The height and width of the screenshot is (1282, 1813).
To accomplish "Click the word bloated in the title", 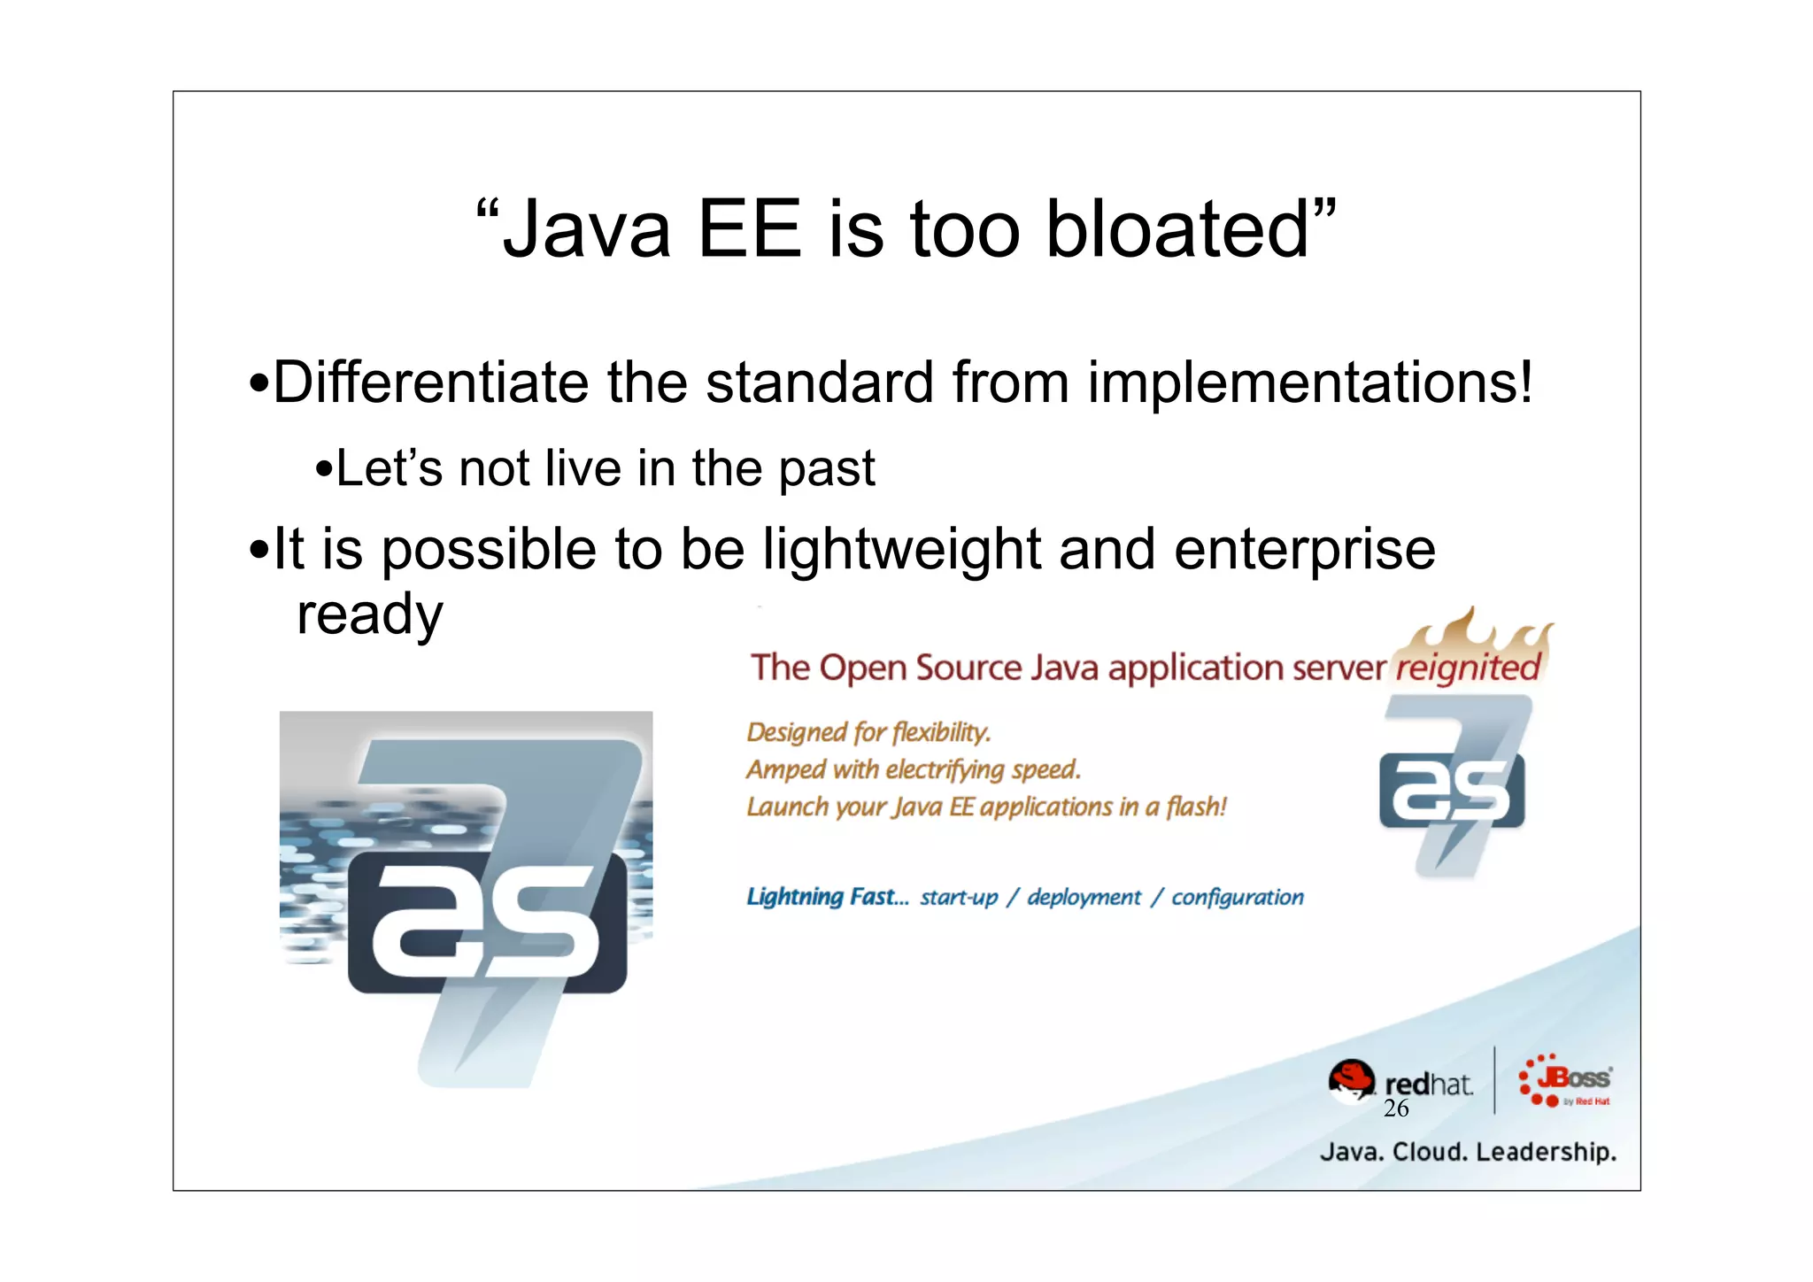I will [x=1177, y=229].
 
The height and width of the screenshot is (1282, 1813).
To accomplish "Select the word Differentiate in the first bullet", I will [x=430, y=382].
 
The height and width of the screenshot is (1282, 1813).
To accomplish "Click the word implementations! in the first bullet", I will [x=1309, y=382].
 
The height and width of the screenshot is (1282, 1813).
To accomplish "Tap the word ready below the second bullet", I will [x=369, y=614].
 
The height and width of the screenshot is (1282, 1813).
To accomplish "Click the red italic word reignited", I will [x=1468, y=667].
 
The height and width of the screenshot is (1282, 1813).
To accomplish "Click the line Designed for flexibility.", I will [x=868, y=732].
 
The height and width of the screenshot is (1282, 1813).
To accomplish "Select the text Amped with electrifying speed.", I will [x=913, y=769].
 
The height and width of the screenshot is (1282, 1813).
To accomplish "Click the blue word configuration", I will [x=1237, y=897].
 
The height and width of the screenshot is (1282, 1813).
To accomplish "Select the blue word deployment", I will [x=1084, y=897].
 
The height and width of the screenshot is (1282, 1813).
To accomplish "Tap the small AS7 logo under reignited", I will [x=1452, y=786].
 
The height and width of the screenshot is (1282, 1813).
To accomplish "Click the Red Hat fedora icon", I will [x=1351, y=1080].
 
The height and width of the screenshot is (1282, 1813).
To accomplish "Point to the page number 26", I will [x=1395, y=1108].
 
